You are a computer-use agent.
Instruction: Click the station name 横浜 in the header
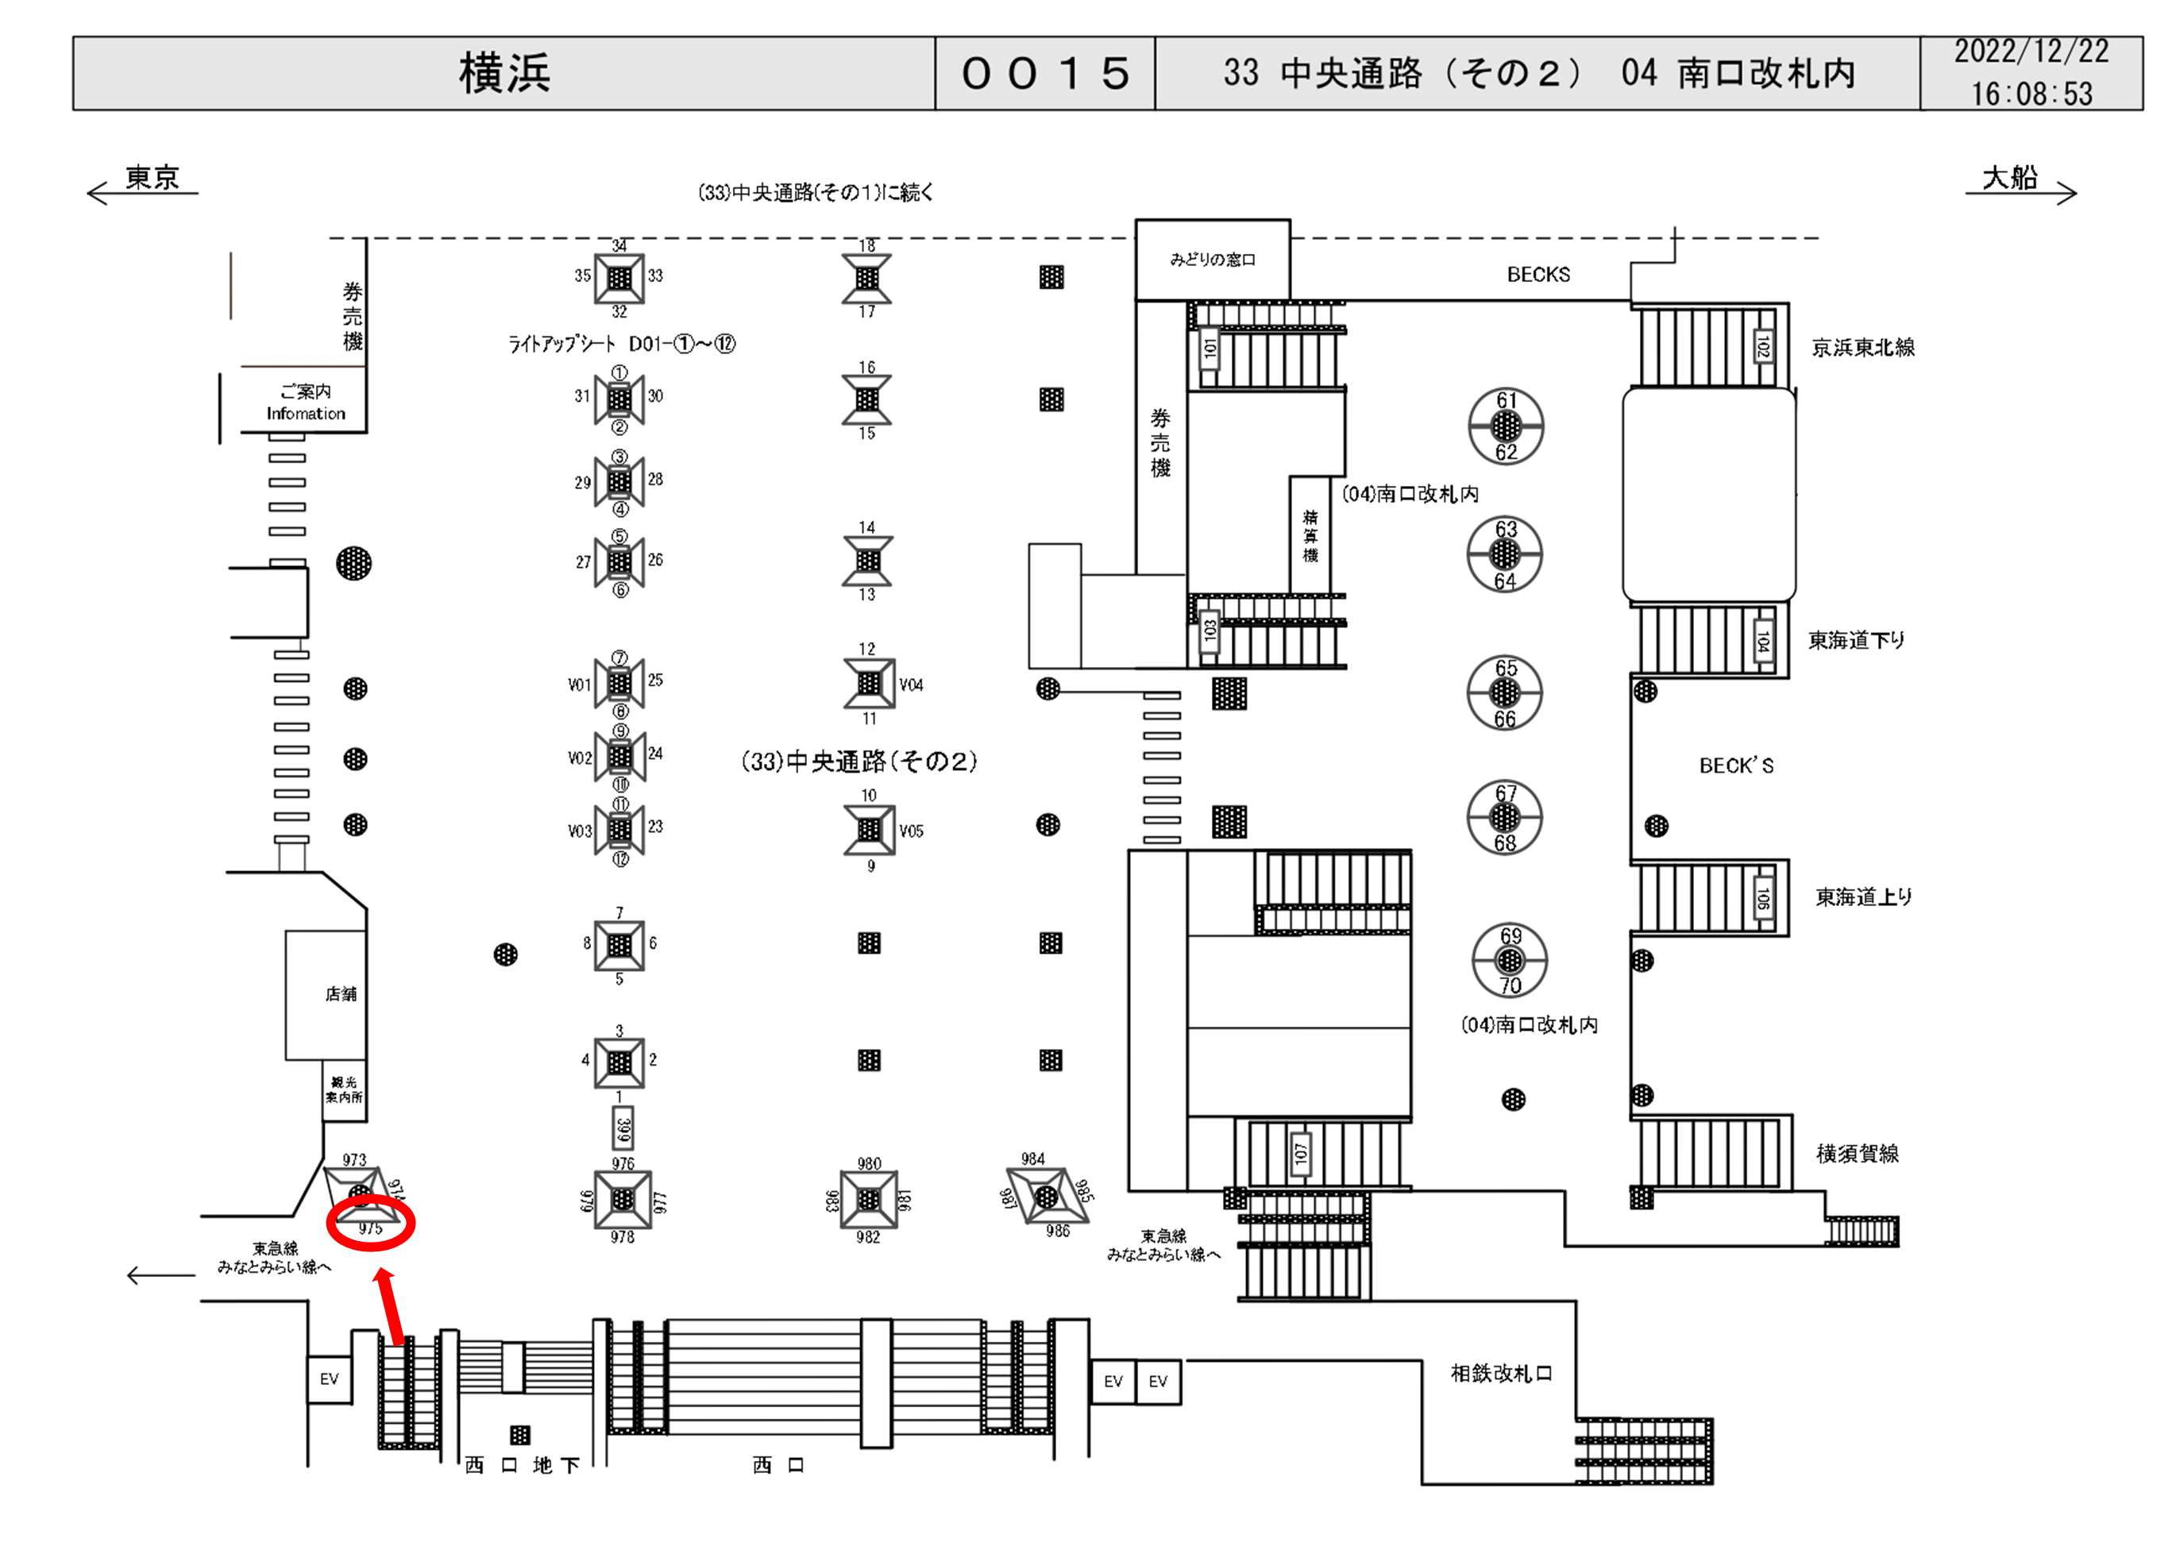(x=504, y=73)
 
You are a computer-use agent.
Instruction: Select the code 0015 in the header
(x=1044, y=73)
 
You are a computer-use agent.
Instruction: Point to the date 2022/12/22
(x=2030, y=52)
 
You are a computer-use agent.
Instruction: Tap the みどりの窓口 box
(x=1213, y=259)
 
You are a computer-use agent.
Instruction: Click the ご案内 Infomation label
(x=305, y=402)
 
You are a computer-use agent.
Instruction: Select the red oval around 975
(x=370, y=1223)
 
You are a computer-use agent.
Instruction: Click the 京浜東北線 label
(x=1863, y=348)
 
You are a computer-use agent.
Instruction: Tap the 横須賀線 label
(x=1858, y=1154)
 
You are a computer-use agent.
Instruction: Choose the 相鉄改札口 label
(x=1501, y=1373)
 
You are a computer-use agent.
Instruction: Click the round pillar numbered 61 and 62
(x=1506, y=426)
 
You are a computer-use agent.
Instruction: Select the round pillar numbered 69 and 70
(x=1510, y=961)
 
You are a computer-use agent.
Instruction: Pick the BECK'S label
(x=1735, y=765)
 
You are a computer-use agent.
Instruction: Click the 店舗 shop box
(x=326, y=994)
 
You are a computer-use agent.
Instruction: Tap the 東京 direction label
(x=152, y=178)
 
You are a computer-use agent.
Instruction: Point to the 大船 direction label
(x=2009, y=178)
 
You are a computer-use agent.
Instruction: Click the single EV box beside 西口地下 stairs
(x=329, y=1378)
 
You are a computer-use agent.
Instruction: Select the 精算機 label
(x=1310, y=534)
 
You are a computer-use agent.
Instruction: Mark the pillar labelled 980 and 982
(x=868, y=1199)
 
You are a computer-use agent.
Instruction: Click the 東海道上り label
(x=1864, y=896)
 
